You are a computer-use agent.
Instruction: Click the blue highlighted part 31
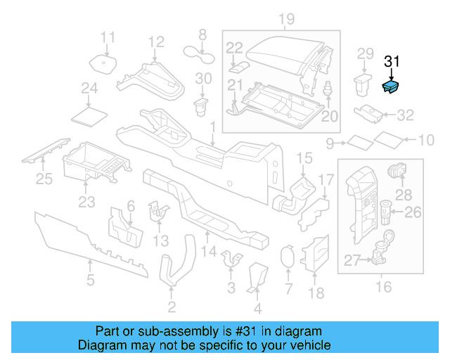coord(390,86)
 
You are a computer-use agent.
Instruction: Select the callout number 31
coord(391,62)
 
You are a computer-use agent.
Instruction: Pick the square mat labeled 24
coord(89,112)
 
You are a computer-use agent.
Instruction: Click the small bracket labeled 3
coord(230,260)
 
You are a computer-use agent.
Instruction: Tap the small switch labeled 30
coord(202,106)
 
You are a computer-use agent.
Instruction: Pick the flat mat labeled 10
coord(386,139)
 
